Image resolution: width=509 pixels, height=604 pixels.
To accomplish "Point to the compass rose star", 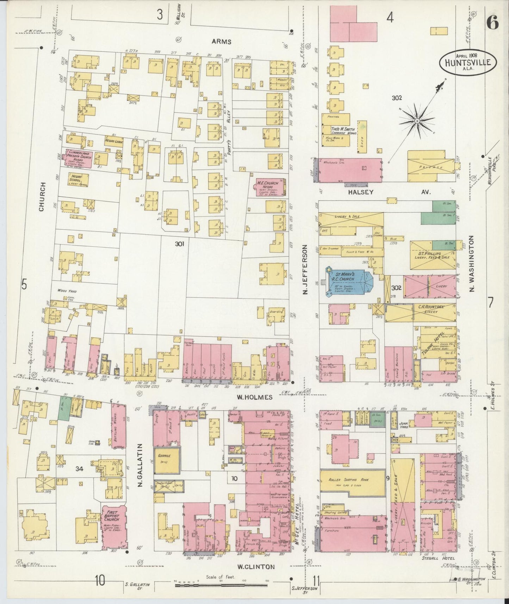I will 417,121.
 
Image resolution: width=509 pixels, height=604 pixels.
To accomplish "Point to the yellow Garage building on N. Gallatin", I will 167,461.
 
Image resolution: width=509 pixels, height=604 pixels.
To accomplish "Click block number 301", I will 180,244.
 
